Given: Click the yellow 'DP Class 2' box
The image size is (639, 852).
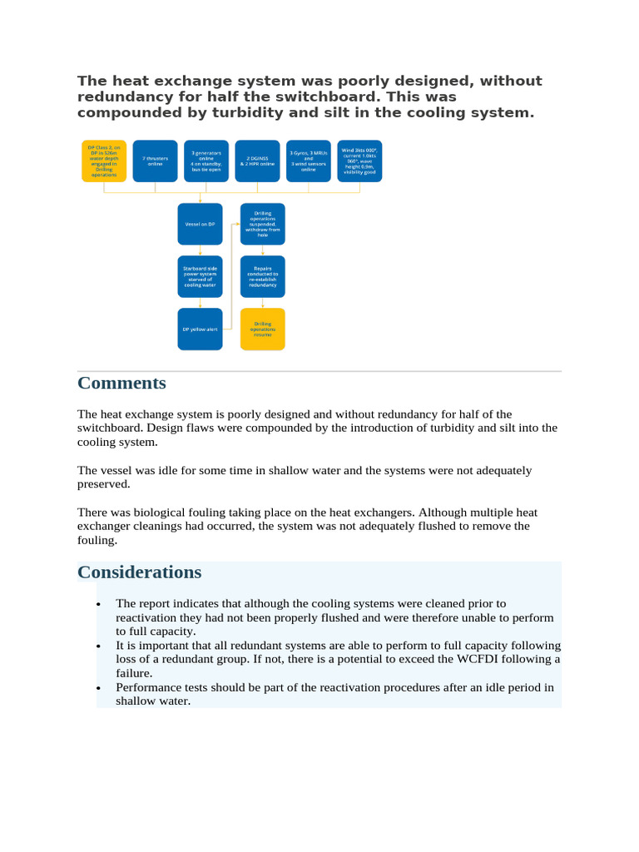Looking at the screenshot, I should point(104,161).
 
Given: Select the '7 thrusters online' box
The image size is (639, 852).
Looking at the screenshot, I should point(155,161).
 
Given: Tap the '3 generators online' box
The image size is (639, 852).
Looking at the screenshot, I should point(206,161).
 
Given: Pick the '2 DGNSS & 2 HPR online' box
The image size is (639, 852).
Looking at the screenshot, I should point(257,161).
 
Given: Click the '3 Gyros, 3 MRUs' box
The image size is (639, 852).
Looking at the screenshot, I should point(309,161).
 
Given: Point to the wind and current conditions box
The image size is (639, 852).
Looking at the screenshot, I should point(359,161).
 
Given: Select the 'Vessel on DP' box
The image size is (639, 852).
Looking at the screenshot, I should point(200,224).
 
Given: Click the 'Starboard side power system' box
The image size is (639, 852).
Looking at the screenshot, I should point(200,276).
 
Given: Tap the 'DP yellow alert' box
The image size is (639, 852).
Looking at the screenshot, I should point(200,329).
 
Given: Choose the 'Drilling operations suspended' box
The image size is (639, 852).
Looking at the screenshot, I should point(262,224).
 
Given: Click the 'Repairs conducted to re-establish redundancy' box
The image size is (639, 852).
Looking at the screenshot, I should point(262,276).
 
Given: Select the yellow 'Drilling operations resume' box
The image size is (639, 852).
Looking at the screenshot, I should point(262,329).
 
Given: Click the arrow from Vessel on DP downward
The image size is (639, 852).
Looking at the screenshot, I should point(200,250).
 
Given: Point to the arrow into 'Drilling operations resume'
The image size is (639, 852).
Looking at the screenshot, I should point(262,303).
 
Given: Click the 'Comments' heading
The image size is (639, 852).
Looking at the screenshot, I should point(121,383).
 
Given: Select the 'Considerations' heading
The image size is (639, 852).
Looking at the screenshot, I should point(139,572).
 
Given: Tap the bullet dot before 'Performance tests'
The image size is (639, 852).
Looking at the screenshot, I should point(99,689).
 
